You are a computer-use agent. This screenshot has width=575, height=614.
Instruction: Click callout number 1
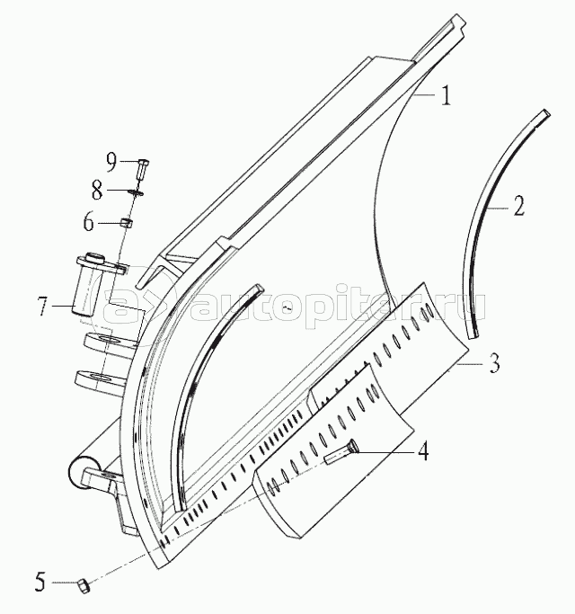click(444, 95)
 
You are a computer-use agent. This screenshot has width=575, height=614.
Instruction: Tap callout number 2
click(518, 209)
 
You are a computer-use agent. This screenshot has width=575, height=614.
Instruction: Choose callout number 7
click(41, 307)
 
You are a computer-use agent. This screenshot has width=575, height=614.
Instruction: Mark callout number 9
click(111, 162)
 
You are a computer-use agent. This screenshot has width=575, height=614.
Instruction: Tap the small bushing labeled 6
click(129, 223)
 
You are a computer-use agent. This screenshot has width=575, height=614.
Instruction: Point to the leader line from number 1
click(426, 93)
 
